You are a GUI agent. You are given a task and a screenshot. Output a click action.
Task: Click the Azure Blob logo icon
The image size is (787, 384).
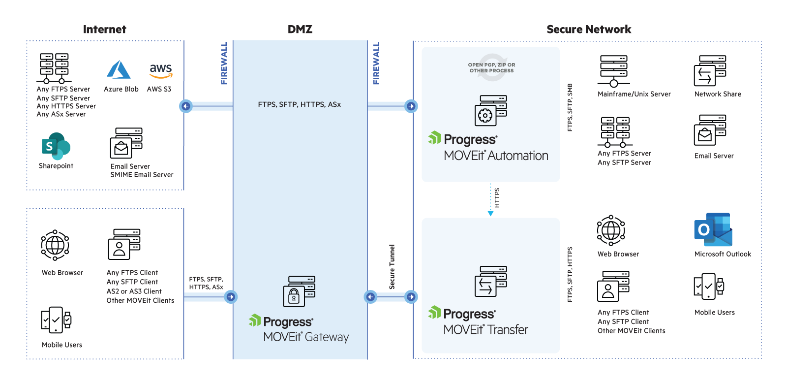pyautogui.click(x=119, y=69)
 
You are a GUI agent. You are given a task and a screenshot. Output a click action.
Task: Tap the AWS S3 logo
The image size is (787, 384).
pyautogui.click(x=160, y=70)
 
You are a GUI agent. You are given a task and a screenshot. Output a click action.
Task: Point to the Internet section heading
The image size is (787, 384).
pyautogui.click(x=105, y=30)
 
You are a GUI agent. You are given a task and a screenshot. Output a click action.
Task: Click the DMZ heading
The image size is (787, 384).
pyautogui.click(x=300, y=30)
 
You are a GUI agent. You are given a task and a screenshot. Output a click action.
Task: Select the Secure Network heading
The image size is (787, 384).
pyautogui.click(x=589, y=30)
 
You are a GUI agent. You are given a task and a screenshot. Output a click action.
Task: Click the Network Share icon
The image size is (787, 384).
pyautogui.click(x=704, y=76)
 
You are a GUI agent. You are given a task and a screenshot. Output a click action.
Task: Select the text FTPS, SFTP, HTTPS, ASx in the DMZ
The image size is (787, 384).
pyautogui.click(x=299, y=104)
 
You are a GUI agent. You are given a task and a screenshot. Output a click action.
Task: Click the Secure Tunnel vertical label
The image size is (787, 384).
pyautogui.click(x=392, y=267)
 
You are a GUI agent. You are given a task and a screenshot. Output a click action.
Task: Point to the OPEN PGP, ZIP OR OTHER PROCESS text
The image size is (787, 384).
pyautogui.click(x=491, y=68)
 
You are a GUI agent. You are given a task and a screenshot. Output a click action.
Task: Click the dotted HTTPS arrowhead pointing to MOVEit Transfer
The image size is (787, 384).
pyautogui.click(x=490, y=213)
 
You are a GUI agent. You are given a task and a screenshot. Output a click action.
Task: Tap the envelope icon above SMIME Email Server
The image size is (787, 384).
pyautogui.click(x=121, y=148)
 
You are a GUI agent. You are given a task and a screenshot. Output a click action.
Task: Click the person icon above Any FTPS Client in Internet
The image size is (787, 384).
pyautogui.click(x=119, y=249)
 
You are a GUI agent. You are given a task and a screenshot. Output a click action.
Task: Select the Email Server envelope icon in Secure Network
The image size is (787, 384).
pyautogui.click(x=705, y=135)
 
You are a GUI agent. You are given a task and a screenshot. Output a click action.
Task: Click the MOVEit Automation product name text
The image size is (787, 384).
pyautogui.click(x=496, y=156)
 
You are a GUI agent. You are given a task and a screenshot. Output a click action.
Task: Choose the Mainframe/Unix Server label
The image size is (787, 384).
pyautogui.click(x=634, y=94)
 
